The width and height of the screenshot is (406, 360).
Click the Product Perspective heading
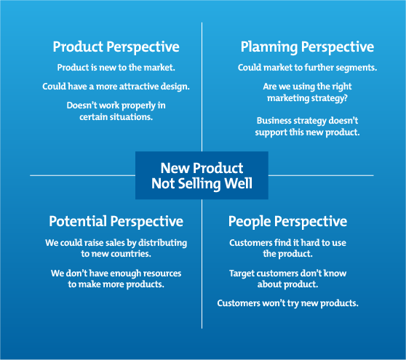pos(116,47)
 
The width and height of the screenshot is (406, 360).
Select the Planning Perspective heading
pos(307,47)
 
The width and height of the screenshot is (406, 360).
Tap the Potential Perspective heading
pos(116,221)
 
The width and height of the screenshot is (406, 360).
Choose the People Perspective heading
pos(287,221)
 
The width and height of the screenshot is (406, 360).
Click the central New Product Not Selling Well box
pos(202,176)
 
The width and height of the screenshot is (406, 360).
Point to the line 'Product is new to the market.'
pos(116,68)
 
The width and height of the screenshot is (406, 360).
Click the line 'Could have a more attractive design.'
pos(116,87)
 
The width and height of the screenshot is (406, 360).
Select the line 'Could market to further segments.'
pos(307,68)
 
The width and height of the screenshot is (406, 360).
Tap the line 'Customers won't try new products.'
pos(287,303)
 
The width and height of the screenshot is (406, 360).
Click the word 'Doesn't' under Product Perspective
pos(83,105)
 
